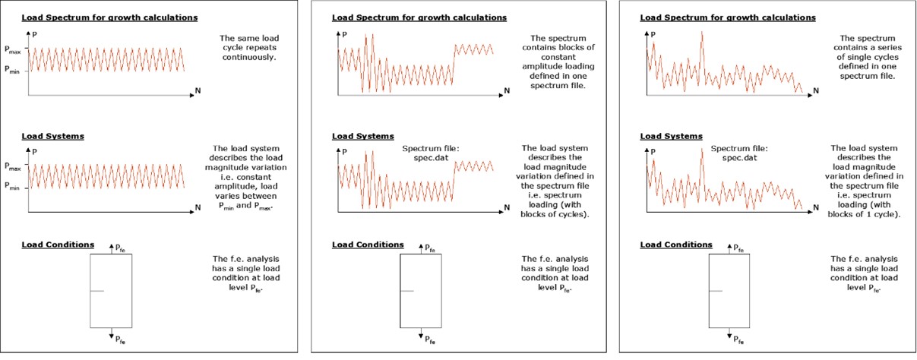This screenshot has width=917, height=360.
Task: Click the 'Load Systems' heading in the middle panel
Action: pyautogui.click(x=354, y=137)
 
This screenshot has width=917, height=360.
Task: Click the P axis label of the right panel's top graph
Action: pyautogui.click(x=653, y=33)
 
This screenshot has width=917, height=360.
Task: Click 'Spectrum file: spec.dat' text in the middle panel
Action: pyautogui.click(x=426, y=153)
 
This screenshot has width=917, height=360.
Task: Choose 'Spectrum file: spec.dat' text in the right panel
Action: pyautogui.click(x=735, y=153)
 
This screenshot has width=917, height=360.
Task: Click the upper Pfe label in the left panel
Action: pyautogui.click(x=119, y=248)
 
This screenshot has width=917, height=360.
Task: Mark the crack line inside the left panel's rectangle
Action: pyautogui.click(x=96, y=291)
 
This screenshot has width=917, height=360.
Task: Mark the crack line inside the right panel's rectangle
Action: pyautogui.click(x=715, y=291)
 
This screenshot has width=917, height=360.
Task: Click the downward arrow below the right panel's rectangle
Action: pyautogui.click(x=730, y=333)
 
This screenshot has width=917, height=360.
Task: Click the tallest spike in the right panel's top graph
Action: pyautogui.click(x=701, y=32)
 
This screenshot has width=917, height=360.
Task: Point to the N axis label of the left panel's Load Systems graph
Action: pyautogui.click(x=198, y=207)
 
